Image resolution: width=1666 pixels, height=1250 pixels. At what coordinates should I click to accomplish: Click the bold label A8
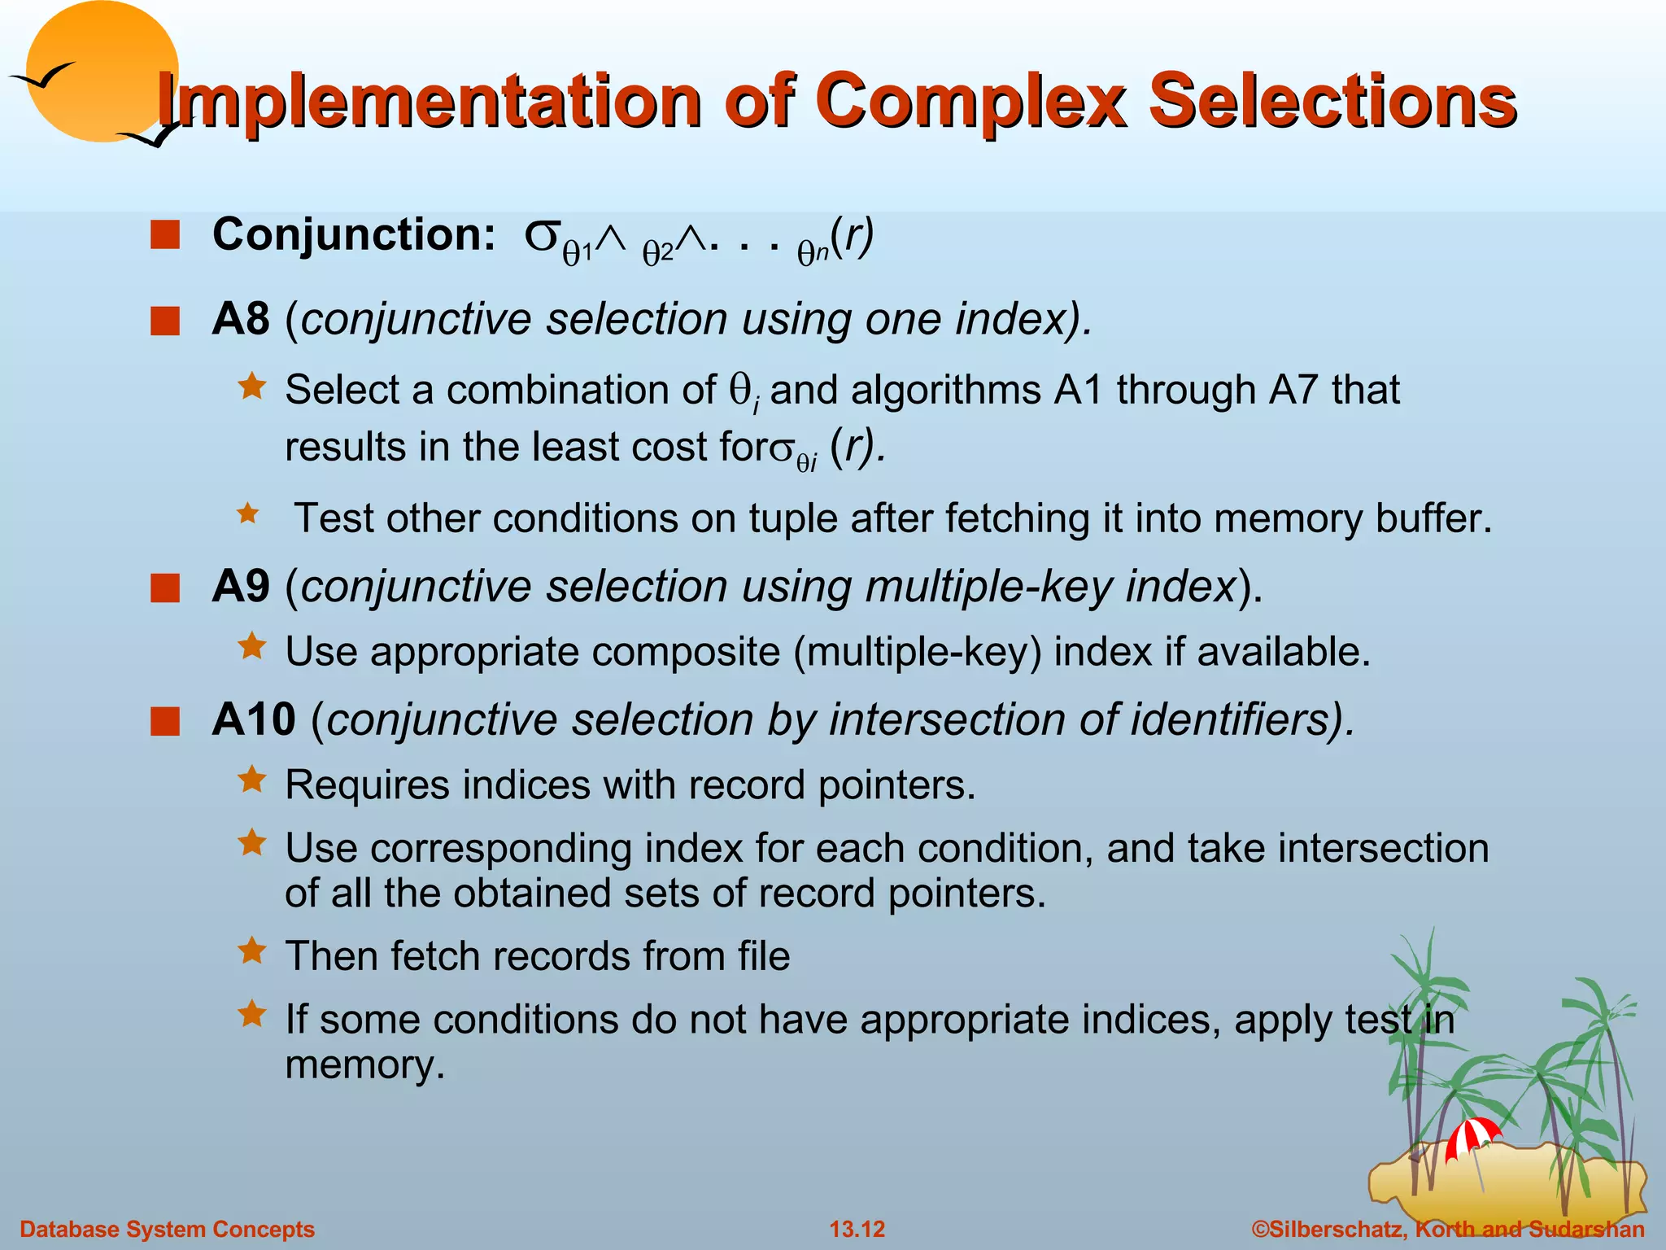240,319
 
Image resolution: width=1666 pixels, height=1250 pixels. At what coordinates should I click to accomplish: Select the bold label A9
240,586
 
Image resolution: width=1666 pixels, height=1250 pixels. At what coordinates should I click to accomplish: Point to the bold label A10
253,719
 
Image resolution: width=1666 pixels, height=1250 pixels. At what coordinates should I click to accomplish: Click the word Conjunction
353,235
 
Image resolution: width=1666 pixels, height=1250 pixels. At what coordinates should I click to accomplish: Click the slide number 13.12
857,1229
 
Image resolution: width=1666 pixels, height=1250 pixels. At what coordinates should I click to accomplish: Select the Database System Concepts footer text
167,1229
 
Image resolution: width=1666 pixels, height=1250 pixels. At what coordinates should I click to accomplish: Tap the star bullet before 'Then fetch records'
251,951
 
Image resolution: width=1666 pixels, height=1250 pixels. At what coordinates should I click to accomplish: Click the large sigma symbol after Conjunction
542,235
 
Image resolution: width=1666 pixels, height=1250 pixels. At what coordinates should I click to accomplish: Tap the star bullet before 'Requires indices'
251,780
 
